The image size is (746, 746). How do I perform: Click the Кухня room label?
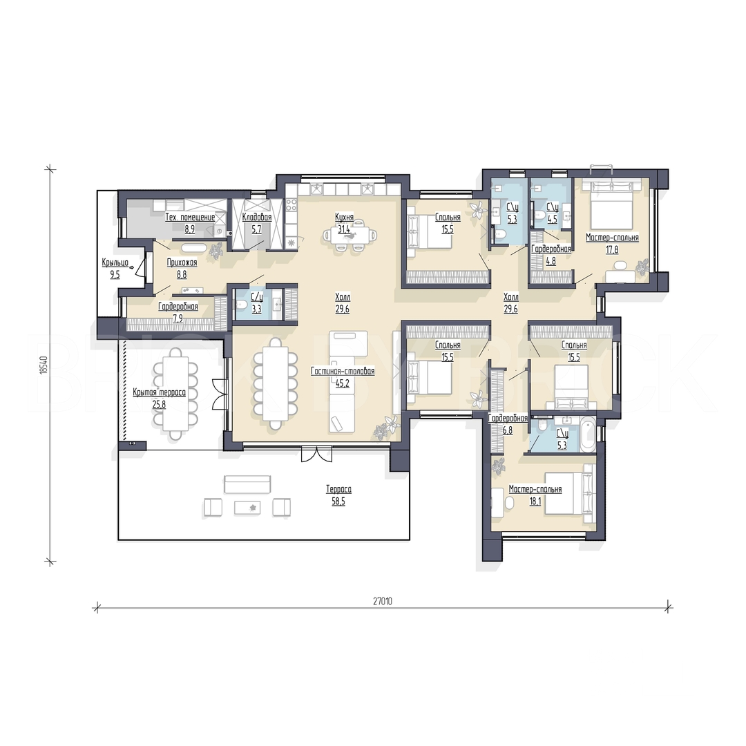[x=343, y=218]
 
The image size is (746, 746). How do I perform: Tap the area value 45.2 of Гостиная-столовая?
[x=343, y=383]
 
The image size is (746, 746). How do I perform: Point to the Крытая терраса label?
[x=159, y=392]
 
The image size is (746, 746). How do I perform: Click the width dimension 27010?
[x=383, y=601]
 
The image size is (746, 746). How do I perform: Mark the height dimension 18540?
[x=44, y=365]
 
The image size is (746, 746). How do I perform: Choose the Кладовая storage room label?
[x=257, y=218]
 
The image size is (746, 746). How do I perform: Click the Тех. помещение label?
[x=190, y=218]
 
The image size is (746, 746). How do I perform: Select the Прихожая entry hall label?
[x=182, y=262]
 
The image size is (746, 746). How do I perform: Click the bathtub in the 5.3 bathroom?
[x=589, y=434]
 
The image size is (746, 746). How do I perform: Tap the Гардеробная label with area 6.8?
[x=508, y=418]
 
